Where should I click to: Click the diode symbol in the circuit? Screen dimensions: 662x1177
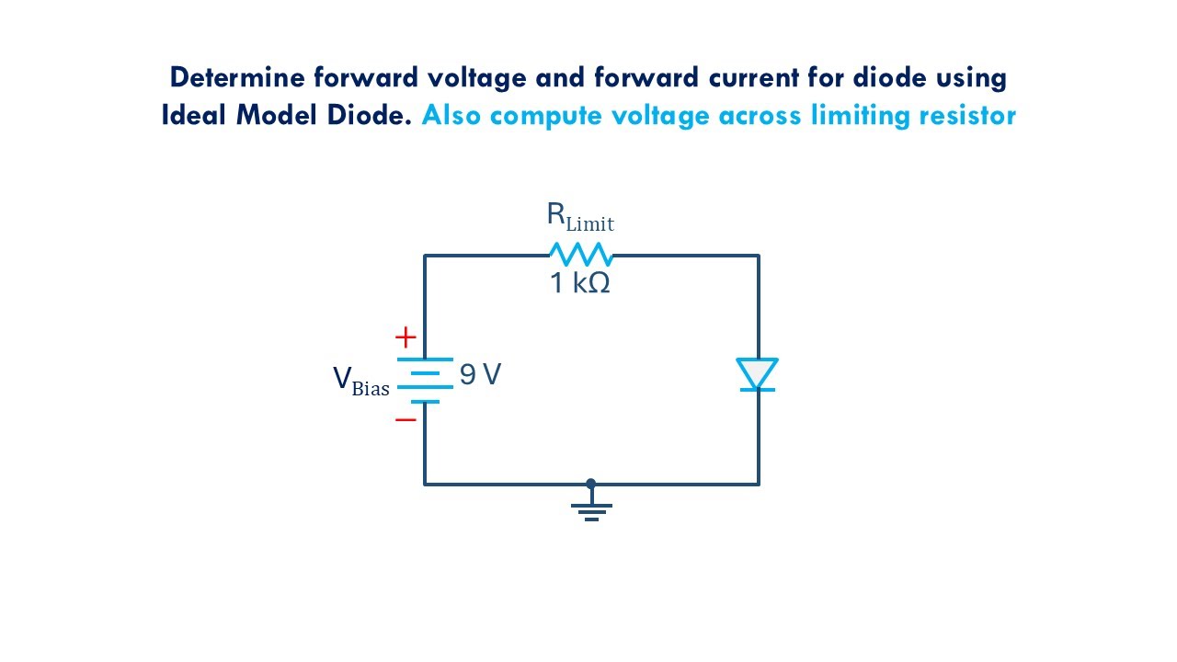[758, 375]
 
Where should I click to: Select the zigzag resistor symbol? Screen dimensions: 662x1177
[580, 255]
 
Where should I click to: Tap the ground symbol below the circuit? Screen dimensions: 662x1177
[591, 510]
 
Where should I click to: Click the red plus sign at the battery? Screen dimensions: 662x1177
[406, 337]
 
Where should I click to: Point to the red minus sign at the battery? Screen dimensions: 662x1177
[406, 419]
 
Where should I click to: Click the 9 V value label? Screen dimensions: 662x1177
[480, 374]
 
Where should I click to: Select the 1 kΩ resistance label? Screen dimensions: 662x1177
[579, 283]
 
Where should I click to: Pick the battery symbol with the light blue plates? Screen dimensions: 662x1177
[425, 380]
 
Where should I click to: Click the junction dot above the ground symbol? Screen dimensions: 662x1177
[591, 484]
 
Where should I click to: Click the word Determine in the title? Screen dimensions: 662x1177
[225, 77]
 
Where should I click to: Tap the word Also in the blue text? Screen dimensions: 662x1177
[450, 116]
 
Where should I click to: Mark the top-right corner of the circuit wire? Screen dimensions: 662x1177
[759, 256]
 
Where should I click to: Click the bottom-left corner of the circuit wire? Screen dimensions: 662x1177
[425, 484]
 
